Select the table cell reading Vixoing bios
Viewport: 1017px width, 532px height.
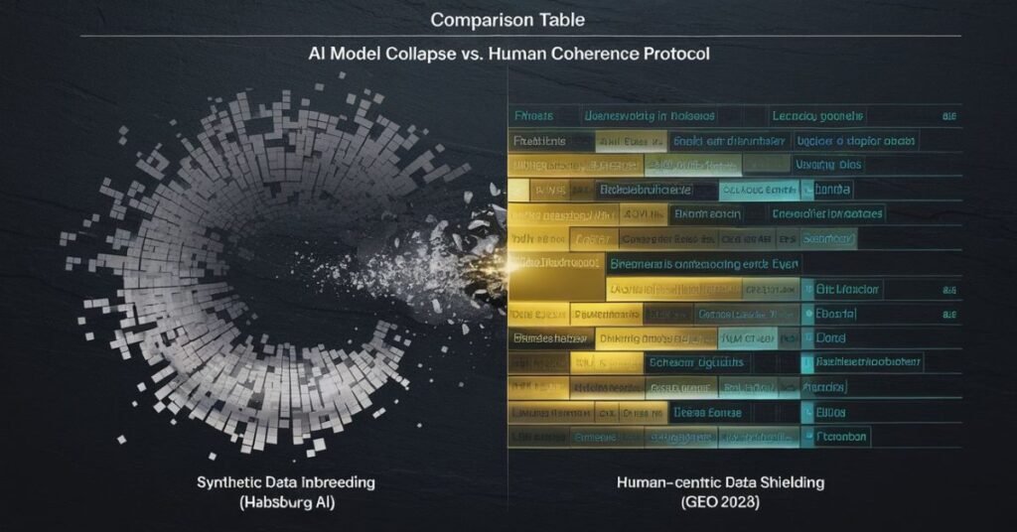(829, 165)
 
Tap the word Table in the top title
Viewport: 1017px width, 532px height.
(559, 19)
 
